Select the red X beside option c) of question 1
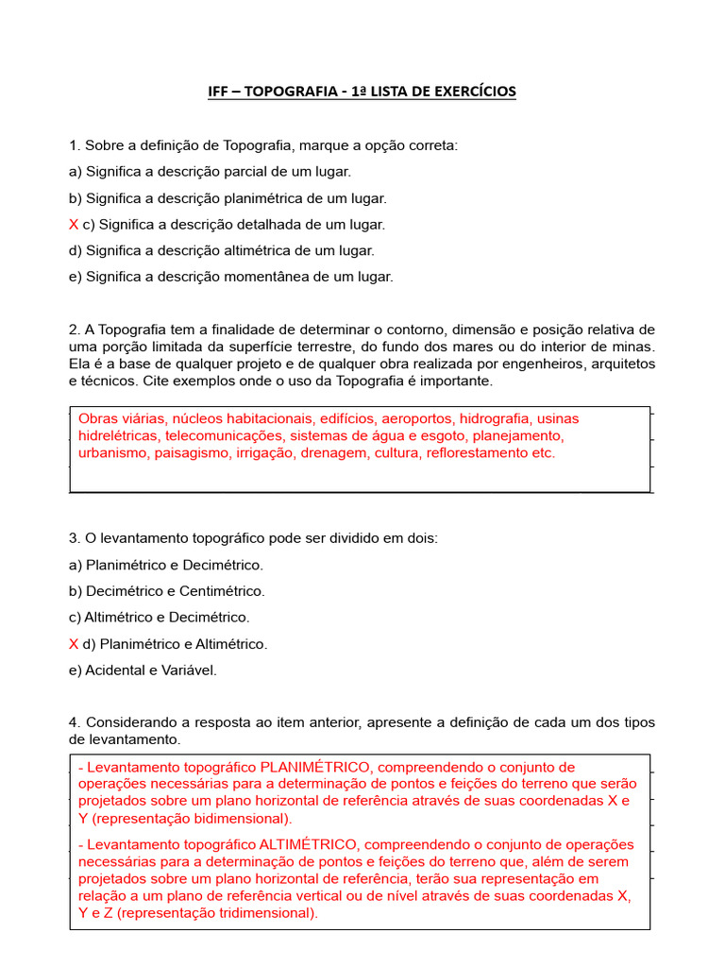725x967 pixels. (x=74, y=225)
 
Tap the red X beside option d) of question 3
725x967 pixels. (x=74, y=644)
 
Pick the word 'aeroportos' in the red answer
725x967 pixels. (x=417, y=418)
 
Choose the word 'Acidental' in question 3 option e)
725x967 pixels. (x=116, y=670)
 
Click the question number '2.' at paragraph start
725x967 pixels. (x=75, y=330)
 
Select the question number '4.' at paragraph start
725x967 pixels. (x=75, y=722)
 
